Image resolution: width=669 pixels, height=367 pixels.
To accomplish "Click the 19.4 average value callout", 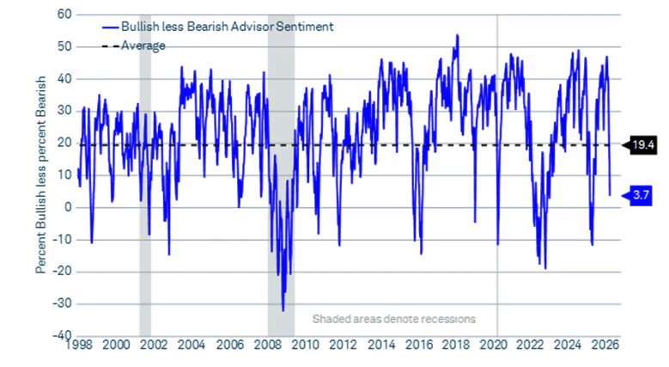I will coord(644,144).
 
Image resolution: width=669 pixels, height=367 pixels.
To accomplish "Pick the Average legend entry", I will coord(142,45).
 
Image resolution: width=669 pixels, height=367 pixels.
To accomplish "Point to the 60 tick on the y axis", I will coord(64,15).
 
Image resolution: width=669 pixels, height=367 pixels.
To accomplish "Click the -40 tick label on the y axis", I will coord(60,336).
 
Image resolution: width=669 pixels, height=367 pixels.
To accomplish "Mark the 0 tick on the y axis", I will coord(66,207).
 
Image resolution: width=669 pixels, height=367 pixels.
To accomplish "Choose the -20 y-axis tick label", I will coord(60,272).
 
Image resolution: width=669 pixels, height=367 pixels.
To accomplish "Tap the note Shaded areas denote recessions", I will coord(393,318).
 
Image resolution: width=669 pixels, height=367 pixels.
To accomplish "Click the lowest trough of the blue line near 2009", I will coord(283,310).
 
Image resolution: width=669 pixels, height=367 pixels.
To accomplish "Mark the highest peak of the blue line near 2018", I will coord(457,35).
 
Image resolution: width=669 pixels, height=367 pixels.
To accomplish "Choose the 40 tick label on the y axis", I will coord(64,79).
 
